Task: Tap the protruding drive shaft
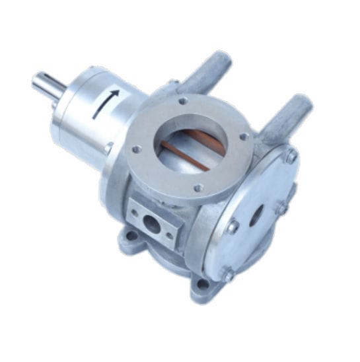(47, 85)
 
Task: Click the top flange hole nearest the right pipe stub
(244, 137)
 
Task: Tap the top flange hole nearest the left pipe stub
(183, 101)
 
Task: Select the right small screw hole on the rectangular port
(170, 236)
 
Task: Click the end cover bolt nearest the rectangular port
(233, 227)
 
